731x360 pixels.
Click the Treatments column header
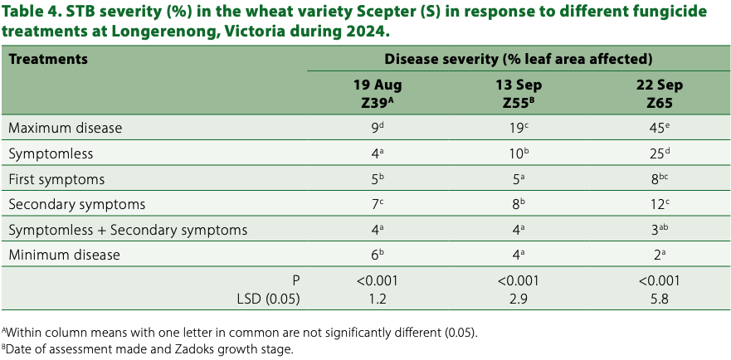[x=48, y=60]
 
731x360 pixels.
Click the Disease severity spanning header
[x=518, y=60]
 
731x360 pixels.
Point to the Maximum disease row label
[x=66, y=129]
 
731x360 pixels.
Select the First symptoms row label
[x=56, y=179]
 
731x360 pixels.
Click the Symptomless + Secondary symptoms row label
[x=128, y=230]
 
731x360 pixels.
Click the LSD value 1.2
[x=378, y=299]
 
